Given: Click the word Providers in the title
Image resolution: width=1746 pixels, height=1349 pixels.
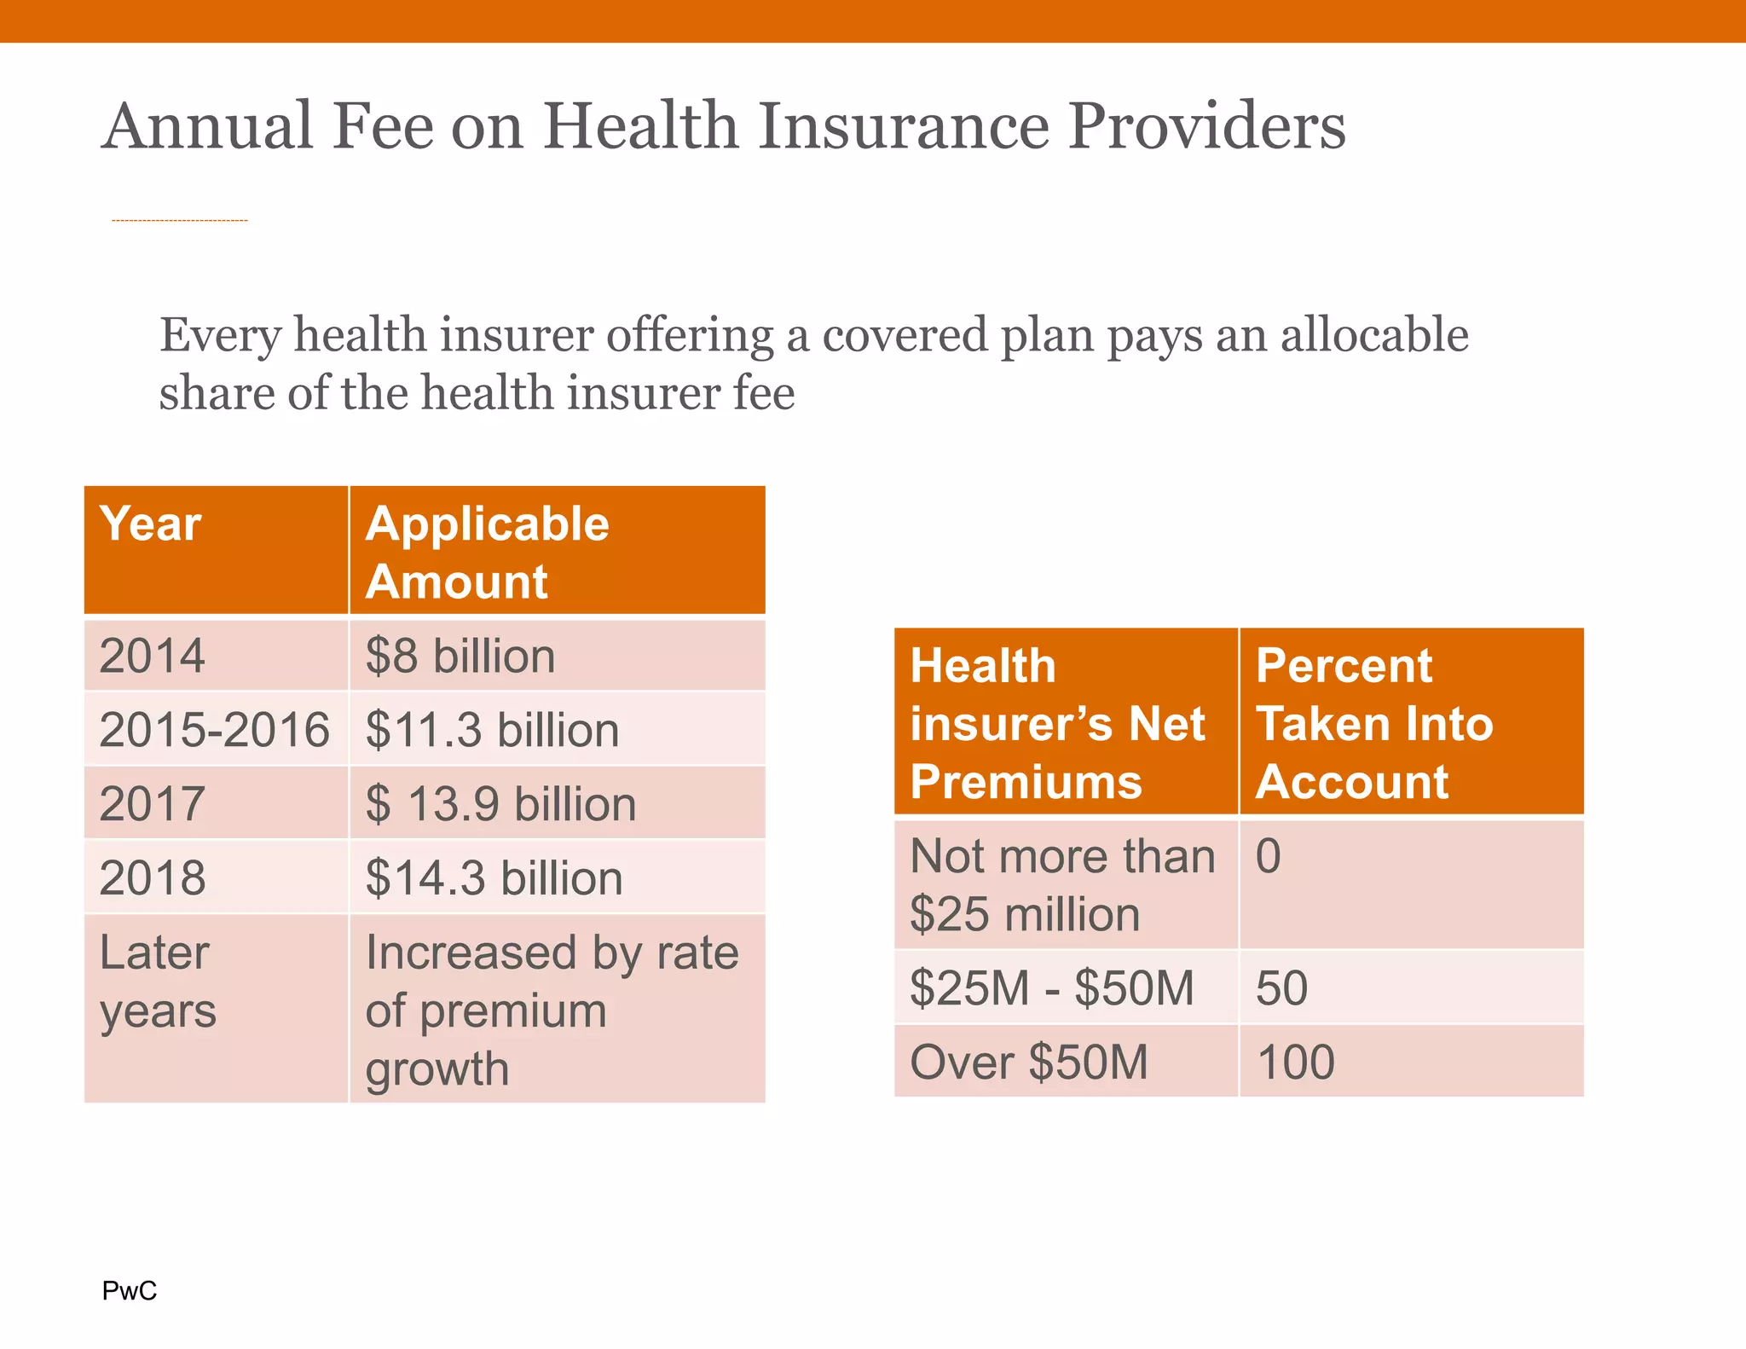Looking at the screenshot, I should [x=1206, y=126].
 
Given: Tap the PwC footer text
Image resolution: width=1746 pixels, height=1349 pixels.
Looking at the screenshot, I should [x=129, y=1290].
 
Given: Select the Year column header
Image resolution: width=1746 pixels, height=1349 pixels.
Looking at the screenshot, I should [x=151, y=524].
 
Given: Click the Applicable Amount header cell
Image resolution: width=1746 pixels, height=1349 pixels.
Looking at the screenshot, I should [x=487, y=552].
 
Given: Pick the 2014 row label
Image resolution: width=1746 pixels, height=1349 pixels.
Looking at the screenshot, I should [x=152, y=656].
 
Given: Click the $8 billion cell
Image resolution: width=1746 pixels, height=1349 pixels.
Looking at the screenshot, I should [x=460, y=656].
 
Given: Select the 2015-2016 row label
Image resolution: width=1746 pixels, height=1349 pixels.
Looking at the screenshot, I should [x=214, y=730].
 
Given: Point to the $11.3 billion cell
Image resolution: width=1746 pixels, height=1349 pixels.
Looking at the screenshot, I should [x=492, y=730].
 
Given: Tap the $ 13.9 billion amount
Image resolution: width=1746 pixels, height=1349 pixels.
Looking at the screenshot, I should [x=500, y=804].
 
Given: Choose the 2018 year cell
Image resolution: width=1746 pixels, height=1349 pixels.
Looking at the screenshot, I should [x=152, y=877].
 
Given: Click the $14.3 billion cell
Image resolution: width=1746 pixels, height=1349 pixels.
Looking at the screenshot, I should [x=494, y=877].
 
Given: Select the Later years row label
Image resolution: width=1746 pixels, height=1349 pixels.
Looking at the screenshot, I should [x=158, y=981].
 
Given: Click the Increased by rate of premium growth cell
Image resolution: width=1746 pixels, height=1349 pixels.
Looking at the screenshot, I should [x=552, y=1010].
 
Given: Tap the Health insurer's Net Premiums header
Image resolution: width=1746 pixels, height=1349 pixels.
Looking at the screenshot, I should [x=1057, y=723].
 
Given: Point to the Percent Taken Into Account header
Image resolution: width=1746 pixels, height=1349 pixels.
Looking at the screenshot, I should [x=1373, y=723].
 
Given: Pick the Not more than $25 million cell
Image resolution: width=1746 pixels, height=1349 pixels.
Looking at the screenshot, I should [x=1061, y=884].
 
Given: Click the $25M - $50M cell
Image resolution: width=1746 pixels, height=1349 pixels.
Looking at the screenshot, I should [x=1051, y=987].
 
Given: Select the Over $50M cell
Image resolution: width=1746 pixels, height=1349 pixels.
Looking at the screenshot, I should [x=1029, y=1062].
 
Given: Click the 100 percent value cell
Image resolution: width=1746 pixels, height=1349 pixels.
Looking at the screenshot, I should [x=1295, y=1062].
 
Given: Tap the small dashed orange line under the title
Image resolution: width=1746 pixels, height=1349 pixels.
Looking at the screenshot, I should [x=179, y=221].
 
